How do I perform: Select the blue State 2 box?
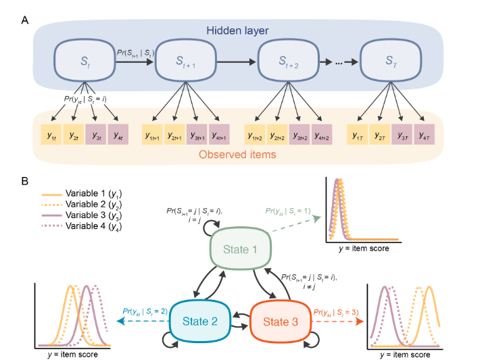tap(201, 320)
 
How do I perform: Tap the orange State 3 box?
tap(280, 320)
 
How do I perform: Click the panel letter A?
tap(25, 20)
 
